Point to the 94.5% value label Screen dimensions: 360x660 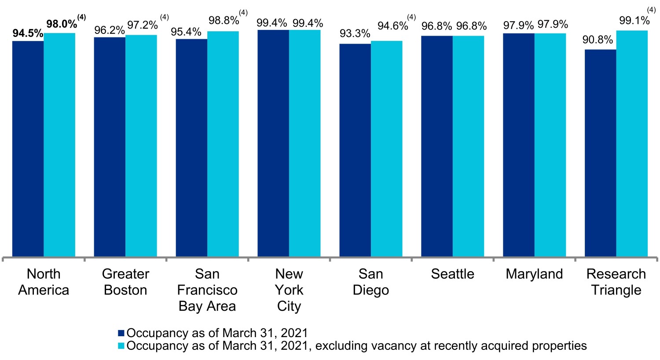tap(28, 34)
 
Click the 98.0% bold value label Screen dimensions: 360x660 tap(62, 24)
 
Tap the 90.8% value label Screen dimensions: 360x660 tap(598, 40)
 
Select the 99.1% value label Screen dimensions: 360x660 tap(634, 21)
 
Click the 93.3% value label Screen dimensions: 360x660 tap(355, 34)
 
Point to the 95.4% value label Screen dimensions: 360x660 tap(187, 32)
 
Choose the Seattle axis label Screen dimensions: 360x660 tap(452, 274)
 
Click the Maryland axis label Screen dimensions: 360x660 tap(534, 274)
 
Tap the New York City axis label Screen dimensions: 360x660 tap(289, 290)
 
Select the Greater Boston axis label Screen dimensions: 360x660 tap(125, 282)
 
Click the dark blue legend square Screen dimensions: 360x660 tap(121, 333)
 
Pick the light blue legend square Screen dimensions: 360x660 tap(121, 346)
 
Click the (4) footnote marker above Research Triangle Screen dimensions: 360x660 tap(652, 10)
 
